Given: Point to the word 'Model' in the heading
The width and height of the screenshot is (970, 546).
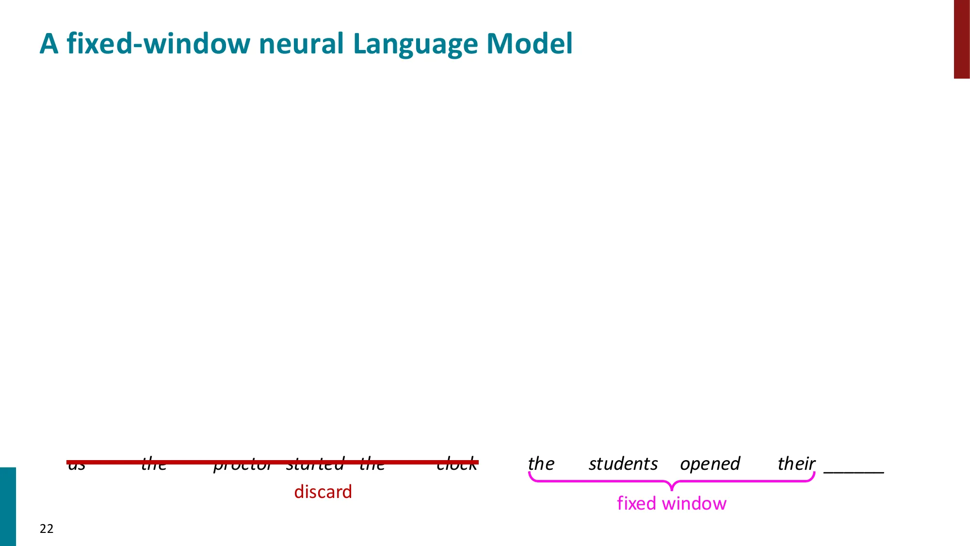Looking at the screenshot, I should click(529, 44).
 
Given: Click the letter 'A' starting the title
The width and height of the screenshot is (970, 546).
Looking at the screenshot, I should click(49, 44).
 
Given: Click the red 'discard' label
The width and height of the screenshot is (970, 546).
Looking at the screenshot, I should click(323, 492).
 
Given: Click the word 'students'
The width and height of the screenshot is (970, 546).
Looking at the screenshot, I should click(623, 464).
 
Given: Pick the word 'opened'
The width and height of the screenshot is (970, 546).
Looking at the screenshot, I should click(710, 464).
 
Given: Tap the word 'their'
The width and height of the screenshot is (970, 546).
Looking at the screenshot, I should click(796, 464).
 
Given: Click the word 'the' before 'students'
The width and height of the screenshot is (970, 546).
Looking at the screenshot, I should click(541, 464).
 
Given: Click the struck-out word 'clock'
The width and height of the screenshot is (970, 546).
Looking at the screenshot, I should click(456, 464).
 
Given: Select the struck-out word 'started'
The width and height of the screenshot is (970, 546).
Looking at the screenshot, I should click(315, 464).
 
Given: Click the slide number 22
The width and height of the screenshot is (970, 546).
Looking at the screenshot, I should click(47, 529).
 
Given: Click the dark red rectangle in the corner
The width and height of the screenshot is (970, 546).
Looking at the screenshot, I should click(962, 39).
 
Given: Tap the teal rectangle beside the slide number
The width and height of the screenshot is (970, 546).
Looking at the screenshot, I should click(8, 506).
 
